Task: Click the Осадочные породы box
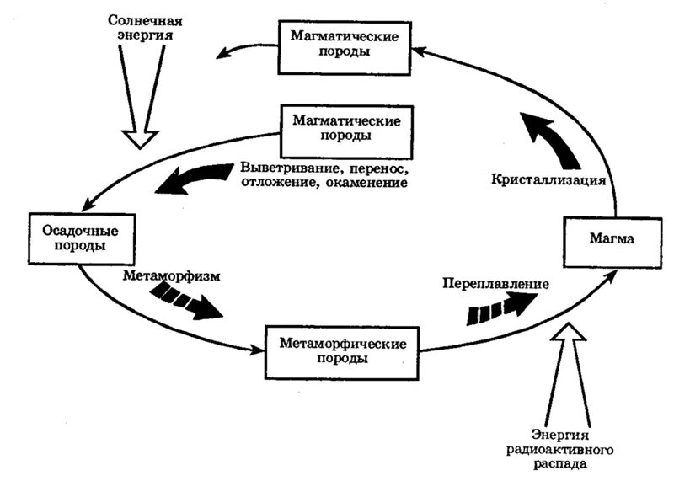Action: [x=82, y=238]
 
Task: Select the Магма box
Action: [x=612, y=243]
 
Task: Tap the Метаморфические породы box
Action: [x=342, y=353]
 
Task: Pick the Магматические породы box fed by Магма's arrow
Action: [x=345, y=48]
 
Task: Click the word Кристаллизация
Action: [x=548, y=179]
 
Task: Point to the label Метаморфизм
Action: [x=172, y=275]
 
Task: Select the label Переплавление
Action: [x=495, y=284]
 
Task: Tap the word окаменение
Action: [x=366, y=183]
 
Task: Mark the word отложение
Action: [x=281, y=183]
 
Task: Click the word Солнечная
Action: [x=145, y=20]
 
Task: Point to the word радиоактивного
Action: [x=559, y=450]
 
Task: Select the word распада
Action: [x=560, y=464]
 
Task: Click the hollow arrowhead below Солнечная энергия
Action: [x=140, y=139]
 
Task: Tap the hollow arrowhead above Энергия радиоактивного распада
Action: [x=568, y=332]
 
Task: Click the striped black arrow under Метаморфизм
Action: [x=185, y=300]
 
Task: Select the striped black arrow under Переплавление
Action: [x=501, y=308]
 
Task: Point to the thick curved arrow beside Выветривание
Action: [x=194, y=179]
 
